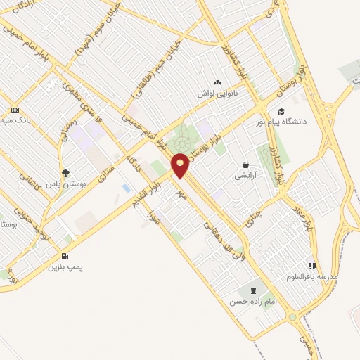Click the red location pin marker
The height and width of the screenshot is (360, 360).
tap(180, 165)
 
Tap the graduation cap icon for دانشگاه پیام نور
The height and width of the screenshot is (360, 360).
tap(281, 111)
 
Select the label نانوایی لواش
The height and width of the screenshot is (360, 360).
tap(217, 94)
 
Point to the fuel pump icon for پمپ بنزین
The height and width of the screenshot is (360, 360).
tap(65, 257)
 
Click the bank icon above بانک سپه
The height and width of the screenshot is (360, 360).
tap(15, 110)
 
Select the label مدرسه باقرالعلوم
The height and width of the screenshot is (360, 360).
tap(312, 276)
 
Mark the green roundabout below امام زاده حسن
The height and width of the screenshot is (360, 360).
tap(292, 318)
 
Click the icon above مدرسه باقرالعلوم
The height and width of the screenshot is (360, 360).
tap(312, 266)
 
